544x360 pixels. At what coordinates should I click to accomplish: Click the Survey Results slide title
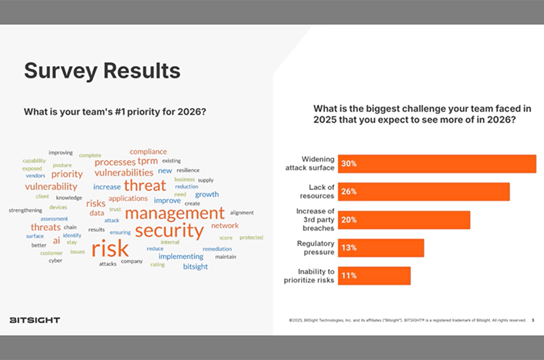click(x=102, y=71)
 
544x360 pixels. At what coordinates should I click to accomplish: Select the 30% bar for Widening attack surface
click(x=436, y=164)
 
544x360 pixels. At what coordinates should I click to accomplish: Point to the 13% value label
click(x=349, y=248)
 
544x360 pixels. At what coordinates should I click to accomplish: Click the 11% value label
click(x=349, y=276)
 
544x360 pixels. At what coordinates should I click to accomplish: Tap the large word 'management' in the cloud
click(x=175, y=213)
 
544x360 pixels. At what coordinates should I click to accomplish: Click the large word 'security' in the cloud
click(x=169, y=231)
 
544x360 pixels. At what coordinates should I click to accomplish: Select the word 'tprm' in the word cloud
click(x=147, y=161)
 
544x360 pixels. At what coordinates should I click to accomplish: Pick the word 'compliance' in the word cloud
click(x=148, y=151)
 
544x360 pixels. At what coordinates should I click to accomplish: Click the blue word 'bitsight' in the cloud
click(x=195, y=266)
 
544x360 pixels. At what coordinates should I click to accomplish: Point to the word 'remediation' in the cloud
click(x=217, y=249)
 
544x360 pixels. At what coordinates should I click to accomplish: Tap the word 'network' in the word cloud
click(x=225, y=226)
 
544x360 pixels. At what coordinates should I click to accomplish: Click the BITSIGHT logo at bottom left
click(x=35, y=320)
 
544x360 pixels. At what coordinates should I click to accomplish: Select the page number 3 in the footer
click(x=532, y=319)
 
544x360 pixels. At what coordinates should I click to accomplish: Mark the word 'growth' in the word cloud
click(x=207, y=195)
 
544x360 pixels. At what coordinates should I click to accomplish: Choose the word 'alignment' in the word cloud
click(x=242, y=213)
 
